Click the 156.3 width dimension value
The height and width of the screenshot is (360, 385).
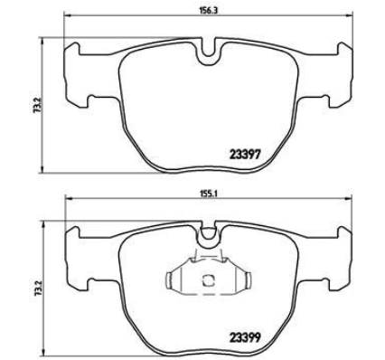click(x=208, y=10)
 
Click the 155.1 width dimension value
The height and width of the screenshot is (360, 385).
click(x=208, y=194)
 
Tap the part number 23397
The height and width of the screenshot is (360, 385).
click(x=245, y=155)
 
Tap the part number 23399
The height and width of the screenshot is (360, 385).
click(x=245, y=338)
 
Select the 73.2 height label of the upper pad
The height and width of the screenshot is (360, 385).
click(x=37, y=106)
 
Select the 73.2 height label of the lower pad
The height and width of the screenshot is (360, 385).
click(x=37, y=289)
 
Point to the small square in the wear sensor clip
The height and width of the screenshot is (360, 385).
click(x=208, y=280)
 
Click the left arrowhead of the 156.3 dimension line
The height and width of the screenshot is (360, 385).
click(x=67, y=14)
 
